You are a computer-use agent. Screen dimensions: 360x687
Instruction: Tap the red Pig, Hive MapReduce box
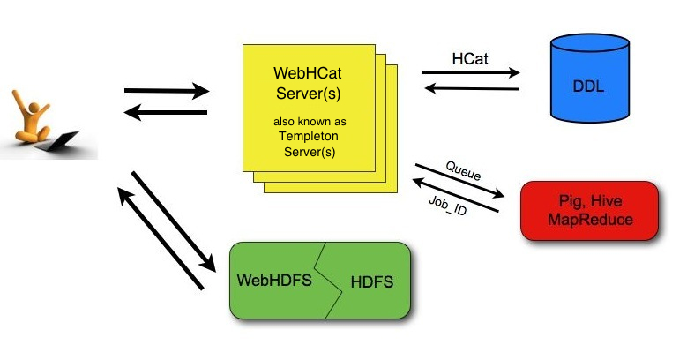(589, 210)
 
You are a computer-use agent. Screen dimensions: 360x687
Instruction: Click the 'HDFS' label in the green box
(371, 282)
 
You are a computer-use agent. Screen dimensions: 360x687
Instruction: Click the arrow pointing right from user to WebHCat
(167, 90)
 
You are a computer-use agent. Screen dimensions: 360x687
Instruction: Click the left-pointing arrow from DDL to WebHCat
(471, 87)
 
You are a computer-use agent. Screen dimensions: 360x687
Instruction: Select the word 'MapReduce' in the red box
(589, 220)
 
